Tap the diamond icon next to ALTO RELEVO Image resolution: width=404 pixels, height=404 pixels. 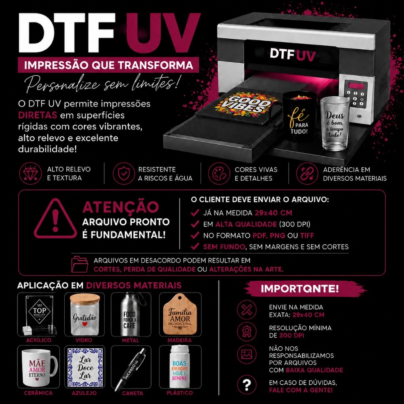click(x=30, y=174)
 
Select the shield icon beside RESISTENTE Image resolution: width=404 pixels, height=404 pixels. click(x=124, y=174)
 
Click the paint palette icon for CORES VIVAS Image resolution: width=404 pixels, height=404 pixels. click(x=219, y=174)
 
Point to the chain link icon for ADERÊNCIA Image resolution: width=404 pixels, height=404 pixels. click(x=307, y=174)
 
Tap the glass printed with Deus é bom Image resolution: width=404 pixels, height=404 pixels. click(x=335, y=123)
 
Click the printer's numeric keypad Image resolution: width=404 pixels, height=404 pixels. click(x=355, y=98)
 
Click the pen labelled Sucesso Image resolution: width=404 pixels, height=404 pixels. click(x=130, y=369)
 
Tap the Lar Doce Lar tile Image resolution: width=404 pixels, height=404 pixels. click(x=85, y=367)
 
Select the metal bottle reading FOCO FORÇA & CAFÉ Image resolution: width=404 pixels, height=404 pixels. click(x=131, y=314)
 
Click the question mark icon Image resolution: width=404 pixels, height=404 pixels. click(x=247, y=386)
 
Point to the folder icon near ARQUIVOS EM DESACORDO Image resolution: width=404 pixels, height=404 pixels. click(x=80, y=264)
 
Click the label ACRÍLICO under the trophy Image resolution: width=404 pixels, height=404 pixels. click(x=39, y=340)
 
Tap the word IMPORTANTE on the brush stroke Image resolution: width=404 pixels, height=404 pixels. click(x=300, y=289)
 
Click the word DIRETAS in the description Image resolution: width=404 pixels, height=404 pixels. click(x=37, y=115)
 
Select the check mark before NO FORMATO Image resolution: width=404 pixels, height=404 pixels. click(x=195, y=235)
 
